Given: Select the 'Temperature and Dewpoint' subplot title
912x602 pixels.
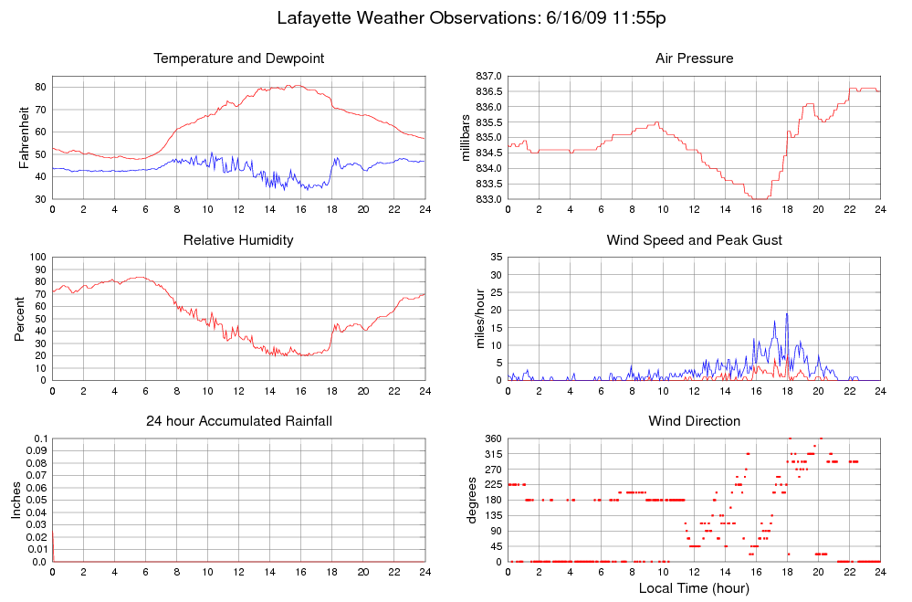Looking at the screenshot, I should pos(239,58).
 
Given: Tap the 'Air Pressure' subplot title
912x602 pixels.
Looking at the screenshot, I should pos(694,58).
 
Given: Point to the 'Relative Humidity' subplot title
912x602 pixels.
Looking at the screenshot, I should pos(238,240).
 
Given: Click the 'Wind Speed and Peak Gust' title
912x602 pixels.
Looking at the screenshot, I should pos(694,240).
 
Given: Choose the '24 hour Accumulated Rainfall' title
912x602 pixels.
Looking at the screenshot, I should pos(238,421).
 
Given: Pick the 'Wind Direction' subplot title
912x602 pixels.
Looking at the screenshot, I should pos(694,421).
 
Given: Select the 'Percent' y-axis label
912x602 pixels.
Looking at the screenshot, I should pos(20,319).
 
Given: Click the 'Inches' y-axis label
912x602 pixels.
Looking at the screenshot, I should pos(16,500).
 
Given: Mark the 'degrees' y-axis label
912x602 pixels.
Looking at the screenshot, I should pos(472,500).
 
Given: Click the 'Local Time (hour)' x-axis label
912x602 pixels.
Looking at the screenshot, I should pos(694,588).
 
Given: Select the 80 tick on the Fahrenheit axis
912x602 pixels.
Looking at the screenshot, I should pos(40,87).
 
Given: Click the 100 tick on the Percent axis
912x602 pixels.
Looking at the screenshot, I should pos(37,258).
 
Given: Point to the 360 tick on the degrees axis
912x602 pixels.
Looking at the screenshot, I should pos(493,438).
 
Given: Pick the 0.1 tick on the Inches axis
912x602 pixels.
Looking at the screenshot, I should pos(40,438).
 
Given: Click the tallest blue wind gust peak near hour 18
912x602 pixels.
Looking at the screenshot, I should pos(787,314).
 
